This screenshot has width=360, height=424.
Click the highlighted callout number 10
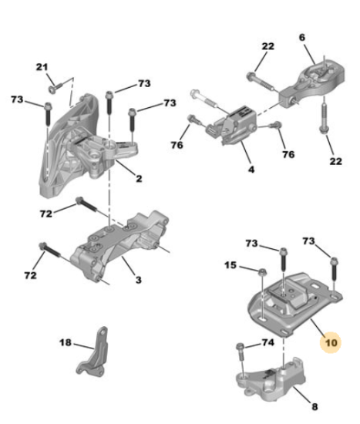[x=331, y=342]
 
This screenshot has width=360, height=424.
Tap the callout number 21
[x=42, y=67]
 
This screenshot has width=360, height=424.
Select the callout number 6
[x=302, y=37]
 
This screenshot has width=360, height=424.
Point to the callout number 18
[x=66, y=342]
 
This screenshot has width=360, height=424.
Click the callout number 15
[x=230, y=265]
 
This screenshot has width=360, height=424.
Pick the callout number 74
[x=267, y=342]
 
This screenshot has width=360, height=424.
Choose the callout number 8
[x=315, y=406]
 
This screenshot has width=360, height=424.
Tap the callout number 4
[x=251, y=170]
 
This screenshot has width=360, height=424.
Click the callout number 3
[x=139, y=280]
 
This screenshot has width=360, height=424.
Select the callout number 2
[x=139, y=179]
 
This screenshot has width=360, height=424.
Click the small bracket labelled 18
[x=93, y=352]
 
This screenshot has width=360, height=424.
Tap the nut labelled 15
[x=262, y=273]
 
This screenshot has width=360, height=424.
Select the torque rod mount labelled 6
[x=312, y=84]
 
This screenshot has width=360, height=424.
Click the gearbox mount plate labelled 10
[x=294, y=305]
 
